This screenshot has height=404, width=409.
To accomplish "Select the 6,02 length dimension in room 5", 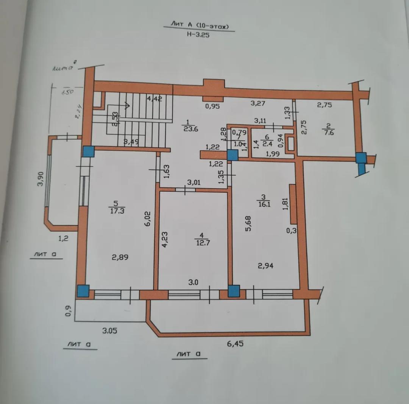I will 148,219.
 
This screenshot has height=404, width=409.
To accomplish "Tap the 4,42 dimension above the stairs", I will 155,99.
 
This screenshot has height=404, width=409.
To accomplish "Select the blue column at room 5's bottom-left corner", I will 83,291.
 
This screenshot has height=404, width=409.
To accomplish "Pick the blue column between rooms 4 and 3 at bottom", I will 234,291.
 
